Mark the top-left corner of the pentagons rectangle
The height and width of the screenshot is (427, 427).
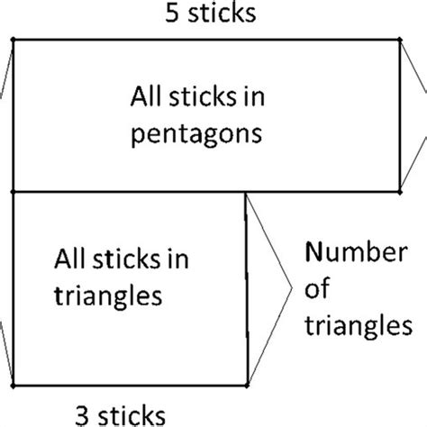coord(12,38)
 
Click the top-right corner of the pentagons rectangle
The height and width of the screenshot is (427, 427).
coord(401,38)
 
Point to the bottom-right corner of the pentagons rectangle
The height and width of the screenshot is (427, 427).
coord(401,191)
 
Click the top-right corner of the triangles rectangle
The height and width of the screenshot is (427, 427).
coord(246,192)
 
